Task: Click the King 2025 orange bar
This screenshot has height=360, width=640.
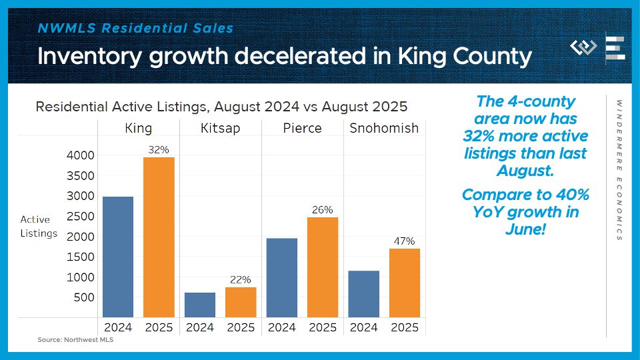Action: click(x=159, y=237)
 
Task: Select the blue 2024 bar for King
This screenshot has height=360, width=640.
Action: click(x=118, y=257)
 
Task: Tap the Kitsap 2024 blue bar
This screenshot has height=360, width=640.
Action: click(x=199, y=305)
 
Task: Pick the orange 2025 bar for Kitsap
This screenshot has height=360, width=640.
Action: click(x=241, y=302)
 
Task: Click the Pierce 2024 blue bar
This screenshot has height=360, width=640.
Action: click(x=281, y=277)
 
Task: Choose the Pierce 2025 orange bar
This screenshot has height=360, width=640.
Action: click(x=323, y=267)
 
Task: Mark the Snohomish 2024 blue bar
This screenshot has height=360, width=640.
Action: click(x=363, y=293)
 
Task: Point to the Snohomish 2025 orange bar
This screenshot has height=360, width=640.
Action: click(x=405, y=283)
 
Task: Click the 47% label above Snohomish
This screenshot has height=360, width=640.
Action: click(x=405, y=241)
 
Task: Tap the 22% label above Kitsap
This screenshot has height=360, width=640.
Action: click(x=241, y=279)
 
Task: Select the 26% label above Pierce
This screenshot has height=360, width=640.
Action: click(x=323, y=209)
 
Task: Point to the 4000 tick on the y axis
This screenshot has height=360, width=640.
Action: click(x=81, y=155)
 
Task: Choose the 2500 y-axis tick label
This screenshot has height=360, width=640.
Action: click(x=81, y=216)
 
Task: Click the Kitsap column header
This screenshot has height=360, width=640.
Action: click(x=220, y=128)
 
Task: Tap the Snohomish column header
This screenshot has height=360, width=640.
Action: click(x=384, y=128)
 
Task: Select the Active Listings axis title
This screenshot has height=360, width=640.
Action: click(x=39, y=226)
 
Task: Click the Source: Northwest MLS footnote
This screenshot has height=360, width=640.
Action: click(x=71, y=340)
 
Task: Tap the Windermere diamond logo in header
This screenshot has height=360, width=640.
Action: click(x=584, y=47)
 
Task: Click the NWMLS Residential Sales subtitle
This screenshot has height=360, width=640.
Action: click(x=135, y=29)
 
